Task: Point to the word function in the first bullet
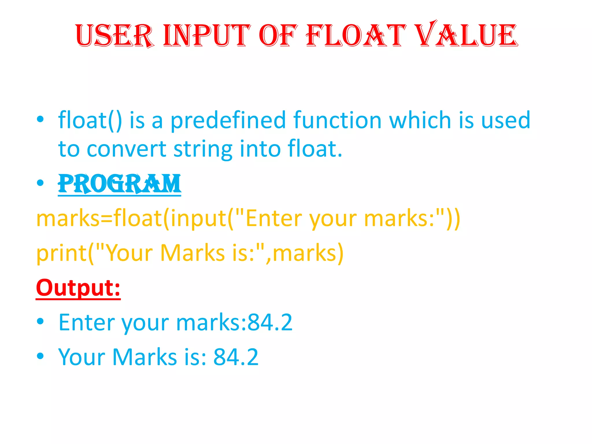337,120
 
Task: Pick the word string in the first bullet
202,149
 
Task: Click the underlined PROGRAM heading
119,184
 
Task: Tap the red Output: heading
78,288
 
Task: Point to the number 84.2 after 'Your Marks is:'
236,357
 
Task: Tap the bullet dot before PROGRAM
40,183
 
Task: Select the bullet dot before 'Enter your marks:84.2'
40,321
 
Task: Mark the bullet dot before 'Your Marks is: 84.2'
40,356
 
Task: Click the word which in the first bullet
420,120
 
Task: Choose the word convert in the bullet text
126,149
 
